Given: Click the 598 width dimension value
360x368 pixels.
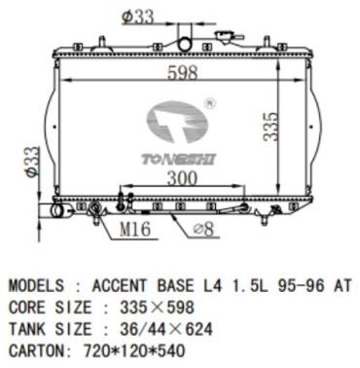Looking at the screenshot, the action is [x=183, y=73].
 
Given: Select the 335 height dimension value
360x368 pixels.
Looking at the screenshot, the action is [x=270, y=127].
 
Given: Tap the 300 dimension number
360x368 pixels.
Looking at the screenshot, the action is [x=182, y=178].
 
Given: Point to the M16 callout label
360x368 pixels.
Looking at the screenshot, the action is [x=135, y=229].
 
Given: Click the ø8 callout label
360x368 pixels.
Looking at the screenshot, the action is [x=203, y=230].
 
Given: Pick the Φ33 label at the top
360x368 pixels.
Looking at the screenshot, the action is [x=137, y=17].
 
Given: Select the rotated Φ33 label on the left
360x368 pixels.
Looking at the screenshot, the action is [x=33, y=162].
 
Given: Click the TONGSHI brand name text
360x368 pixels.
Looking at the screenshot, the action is [x=178, y=160].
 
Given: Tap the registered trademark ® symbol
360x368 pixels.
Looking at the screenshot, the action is [x=210, y=104].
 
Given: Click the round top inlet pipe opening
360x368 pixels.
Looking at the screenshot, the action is [x=185, y=44].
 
